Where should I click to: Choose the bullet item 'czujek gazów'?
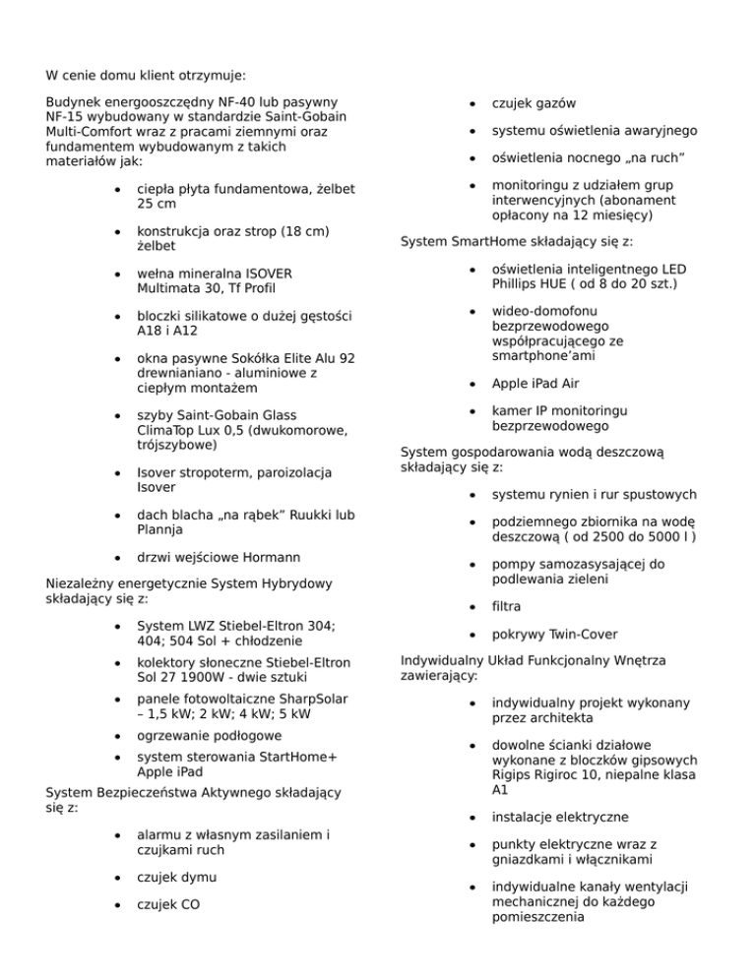pos(534,103)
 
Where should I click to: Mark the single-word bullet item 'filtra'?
pos(508,607)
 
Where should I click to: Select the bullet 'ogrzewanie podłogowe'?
pos(210,735)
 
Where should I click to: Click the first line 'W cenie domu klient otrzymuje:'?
pos(147,74)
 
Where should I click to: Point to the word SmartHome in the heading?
pos(483,241)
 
